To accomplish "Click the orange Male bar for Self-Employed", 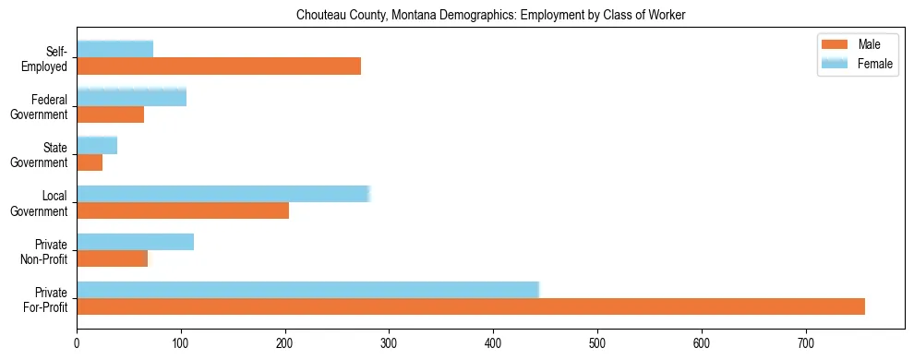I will (219, 66).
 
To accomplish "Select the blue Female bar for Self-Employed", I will (114, 50).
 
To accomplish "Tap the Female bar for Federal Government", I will (131, 98).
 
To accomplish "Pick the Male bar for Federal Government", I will (110, 114).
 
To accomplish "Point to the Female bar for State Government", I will (97, 146).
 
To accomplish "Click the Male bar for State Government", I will (90, 162).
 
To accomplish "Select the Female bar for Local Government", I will (222, 194).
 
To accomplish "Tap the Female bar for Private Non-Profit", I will (135, 242).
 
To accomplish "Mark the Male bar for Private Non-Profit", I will (112, 258).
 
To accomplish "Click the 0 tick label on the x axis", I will (77, 343).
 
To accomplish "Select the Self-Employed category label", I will (50, 58).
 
